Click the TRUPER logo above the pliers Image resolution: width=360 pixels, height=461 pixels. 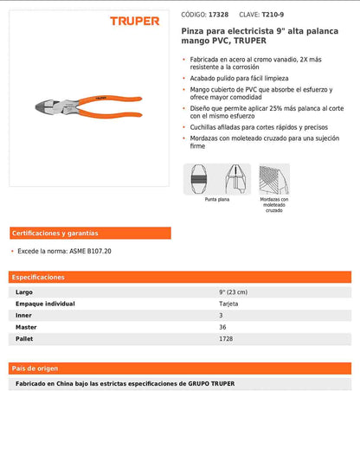pos(134,21)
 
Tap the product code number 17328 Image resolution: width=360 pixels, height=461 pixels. pos(218,15)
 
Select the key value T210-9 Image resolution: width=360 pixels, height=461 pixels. pos(273,15)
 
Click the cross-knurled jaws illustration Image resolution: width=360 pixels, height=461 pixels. pos(273,179)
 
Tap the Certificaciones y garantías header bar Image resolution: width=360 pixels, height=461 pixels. pos(90,234)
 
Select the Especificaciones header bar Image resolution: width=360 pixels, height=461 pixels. pos(180,277)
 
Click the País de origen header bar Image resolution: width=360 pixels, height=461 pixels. pos(180,368)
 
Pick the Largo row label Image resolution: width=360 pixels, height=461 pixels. pos(24,292)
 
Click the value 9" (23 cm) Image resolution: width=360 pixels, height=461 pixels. pos(234,292)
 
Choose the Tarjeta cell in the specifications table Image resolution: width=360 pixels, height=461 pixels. pos(228,304)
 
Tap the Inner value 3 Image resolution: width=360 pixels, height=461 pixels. pos(221,316)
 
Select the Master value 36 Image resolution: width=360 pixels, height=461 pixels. pos(222,327)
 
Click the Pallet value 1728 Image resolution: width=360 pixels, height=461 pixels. pos(226,339)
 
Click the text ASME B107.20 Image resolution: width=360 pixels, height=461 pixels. pos(90,251)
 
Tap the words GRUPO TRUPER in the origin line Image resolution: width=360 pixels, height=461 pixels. pos(211,383)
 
